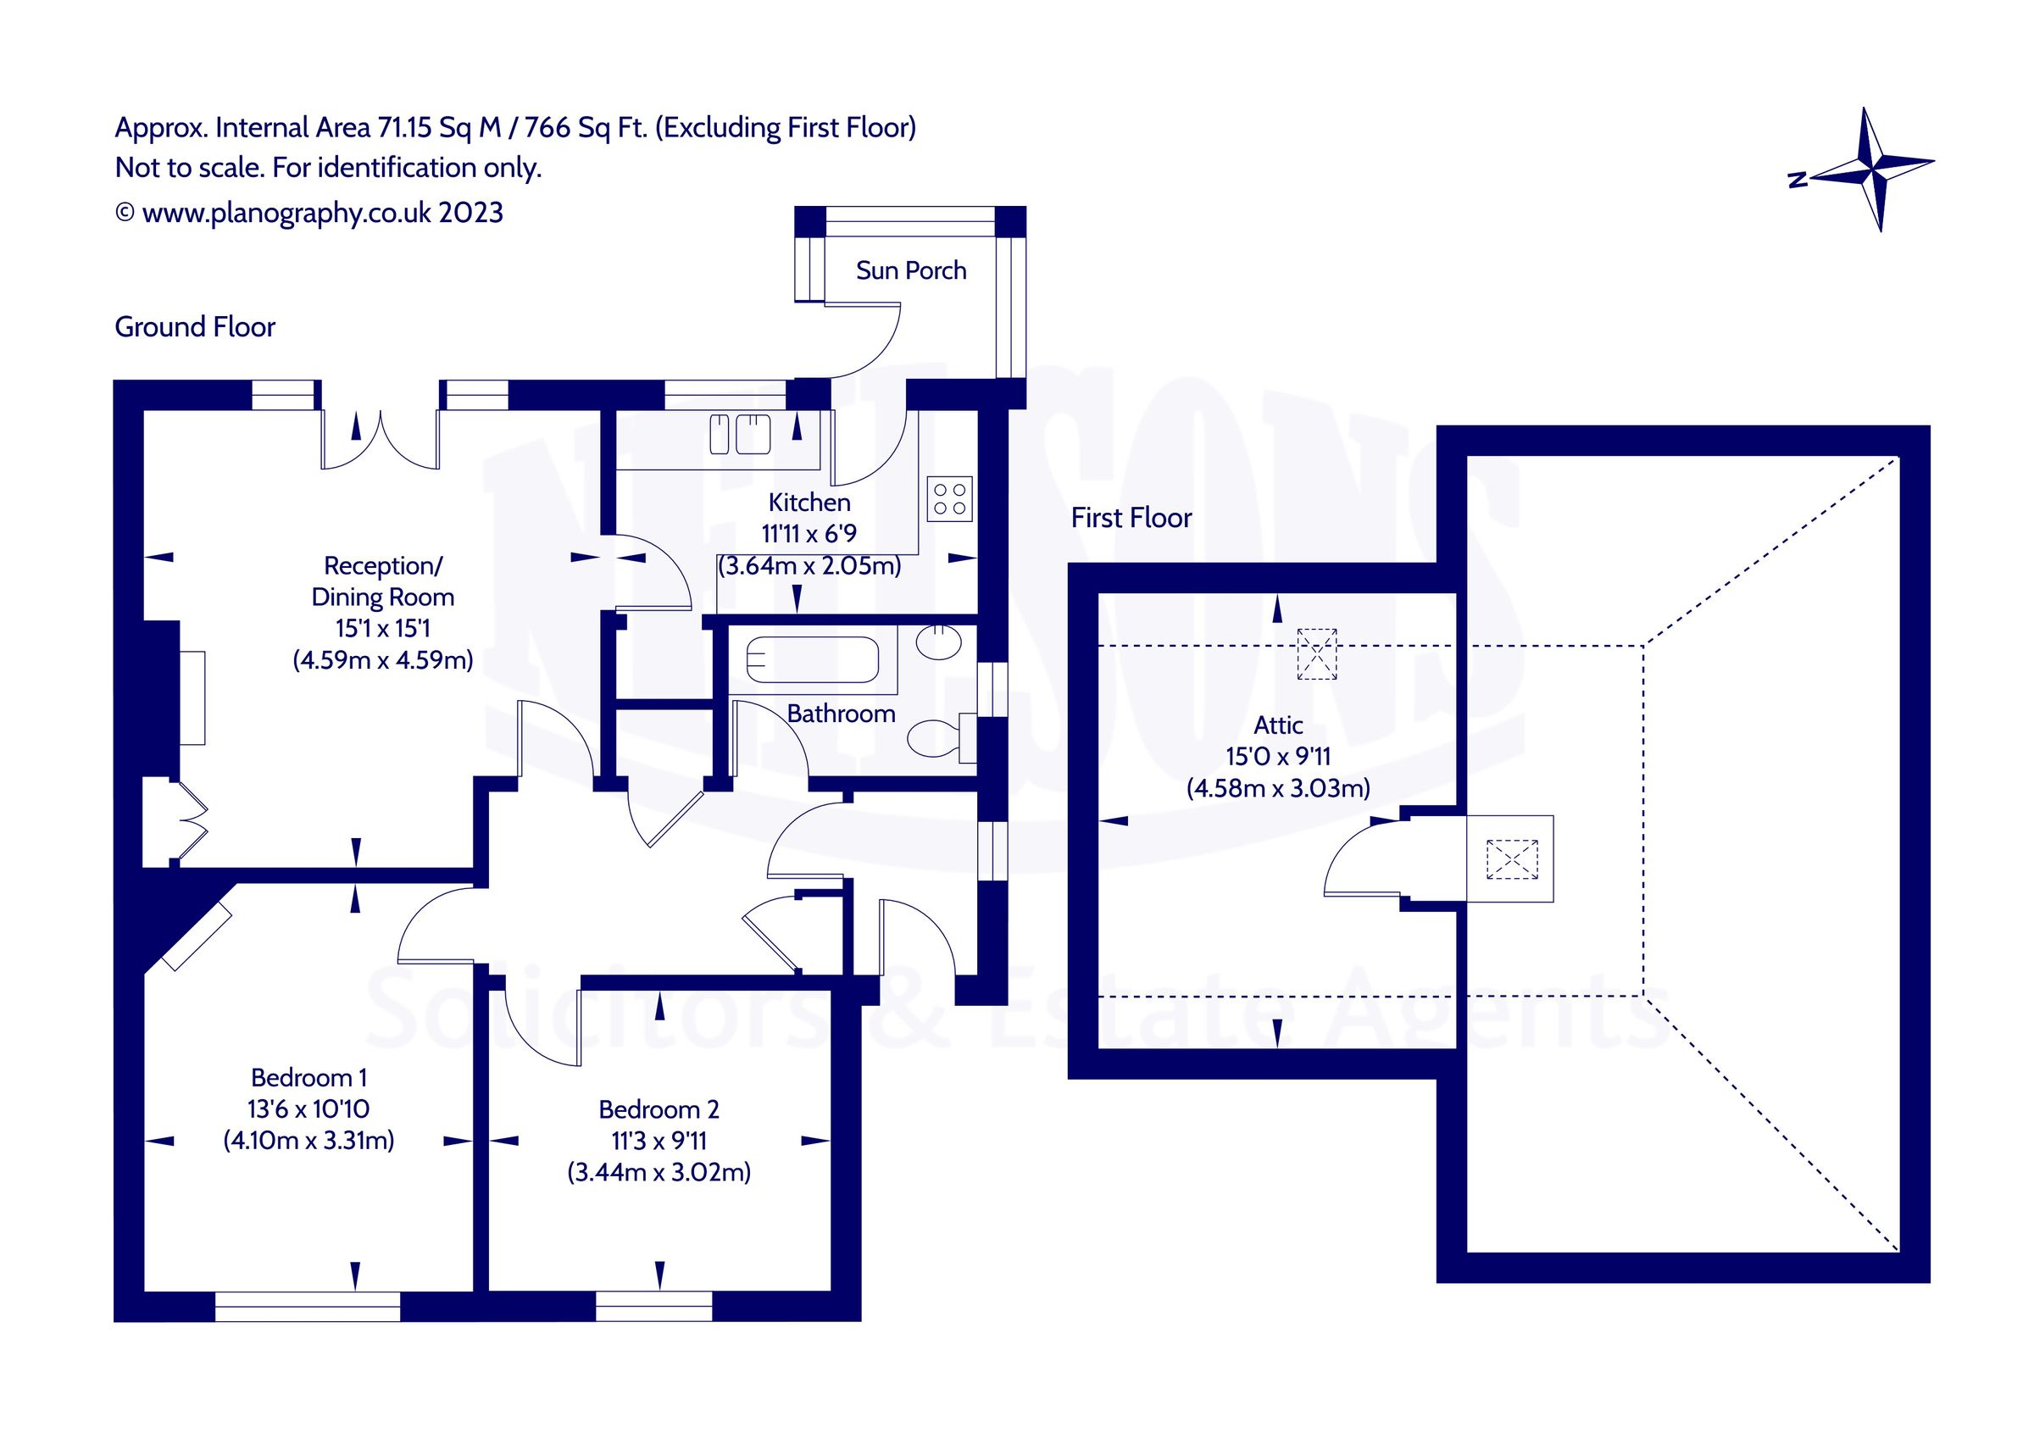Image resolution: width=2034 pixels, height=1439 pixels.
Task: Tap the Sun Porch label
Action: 911,270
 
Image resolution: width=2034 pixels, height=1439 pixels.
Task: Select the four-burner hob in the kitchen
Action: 950,499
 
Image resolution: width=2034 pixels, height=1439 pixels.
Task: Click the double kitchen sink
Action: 740,434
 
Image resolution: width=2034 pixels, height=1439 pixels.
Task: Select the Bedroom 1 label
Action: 308,1077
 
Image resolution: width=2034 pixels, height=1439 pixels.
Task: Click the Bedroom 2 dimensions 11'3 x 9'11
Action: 659,1141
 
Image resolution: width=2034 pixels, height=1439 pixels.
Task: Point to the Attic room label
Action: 1277,725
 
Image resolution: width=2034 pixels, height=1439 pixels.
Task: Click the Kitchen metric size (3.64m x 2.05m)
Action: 809,565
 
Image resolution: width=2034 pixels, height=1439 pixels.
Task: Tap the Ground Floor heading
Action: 195,327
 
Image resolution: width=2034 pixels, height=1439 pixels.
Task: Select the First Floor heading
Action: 1131,518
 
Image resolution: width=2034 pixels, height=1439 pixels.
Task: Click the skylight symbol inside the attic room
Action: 1316,654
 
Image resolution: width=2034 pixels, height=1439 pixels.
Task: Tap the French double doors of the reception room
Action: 380,441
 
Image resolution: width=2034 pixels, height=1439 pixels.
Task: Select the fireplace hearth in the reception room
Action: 193,697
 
